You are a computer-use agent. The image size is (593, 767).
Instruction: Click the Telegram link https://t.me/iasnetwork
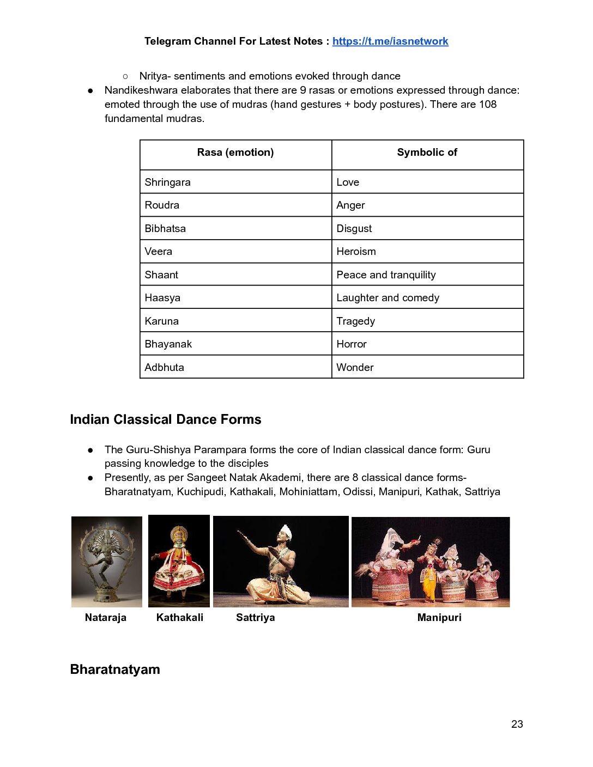390,41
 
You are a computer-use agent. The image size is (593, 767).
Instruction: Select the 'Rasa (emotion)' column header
235,153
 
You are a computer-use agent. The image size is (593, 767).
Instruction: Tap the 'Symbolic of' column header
427,153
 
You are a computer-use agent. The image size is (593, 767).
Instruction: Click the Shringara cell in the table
168,182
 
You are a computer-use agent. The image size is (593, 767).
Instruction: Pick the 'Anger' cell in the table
350,205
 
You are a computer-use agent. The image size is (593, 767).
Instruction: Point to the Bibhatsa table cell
165,229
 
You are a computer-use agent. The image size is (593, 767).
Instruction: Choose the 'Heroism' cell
356,252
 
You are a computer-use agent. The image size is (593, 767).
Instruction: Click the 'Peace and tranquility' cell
386,275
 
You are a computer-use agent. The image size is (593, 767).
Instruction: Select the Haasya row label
162,298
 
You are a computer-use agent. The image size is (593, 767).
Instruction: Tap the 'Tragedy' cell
355,321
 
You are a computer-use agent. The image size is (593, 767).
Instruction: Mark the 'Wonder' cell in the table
355,368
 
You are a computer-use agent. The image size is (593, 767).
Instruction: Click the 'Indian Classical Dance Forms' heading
166,419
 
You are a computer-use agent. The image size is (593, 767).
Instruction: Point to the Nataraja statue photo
107,562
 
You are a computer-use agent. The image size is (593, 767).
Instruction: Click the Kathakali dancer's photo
179,561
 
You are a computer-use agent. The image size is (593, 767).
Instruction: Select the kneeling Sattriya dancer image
281,562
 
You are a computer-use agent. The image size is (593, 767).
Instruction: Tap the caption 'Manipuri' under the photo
439,618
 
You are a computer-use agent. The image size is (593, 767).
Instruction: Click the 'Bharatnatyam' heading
115,669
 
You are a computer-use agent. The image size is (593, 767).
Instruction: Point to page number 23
517,725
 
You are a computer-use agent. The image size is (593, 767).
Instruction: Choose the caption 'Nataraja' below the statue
106,618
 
